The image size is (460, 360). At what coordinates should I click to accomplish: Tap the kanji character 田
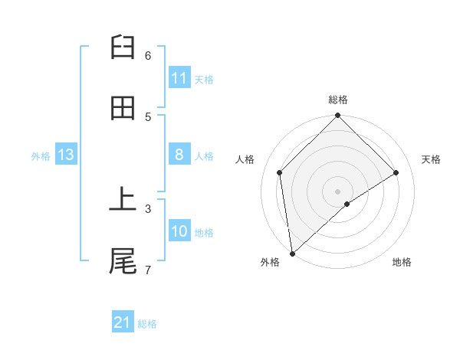[x=123, y=109]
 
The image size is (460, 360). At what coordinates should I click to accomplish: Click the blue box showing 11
[x=179, y=78]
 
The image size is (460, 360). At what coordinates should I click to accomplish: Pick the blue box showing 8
[x=179, y=155]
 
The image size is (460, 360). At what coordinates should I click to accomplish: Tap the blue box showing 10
[x=179, y=231]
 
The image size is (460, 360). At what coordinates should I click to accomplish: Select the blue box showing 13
[x=65, y=155]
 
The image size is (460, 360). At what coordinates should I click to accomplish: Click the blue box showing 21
[x=123, y=322]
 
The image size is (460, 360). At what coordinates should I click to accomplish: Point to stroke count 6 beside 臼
[x=148, y=55]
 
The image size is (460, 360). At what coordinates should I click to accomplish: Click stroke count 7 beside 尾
[x=148, y=269]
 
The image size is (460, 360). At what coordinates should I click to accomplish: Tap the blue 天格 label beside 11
[x=204, y=79]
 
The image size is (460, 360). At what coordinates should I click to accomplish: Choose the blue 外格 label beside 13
[x=41, y=155]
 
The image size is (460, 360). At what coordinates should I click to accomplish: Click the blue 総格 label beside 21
[x=147, y=323]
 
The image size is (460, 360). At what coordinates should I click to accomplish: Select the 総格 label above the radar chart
[x=338, y=100]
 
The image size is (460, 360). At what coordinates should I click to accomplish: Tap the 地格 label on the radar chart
[x=402, y=262]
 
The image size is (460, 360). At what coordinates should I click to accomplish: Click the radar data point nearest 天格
[x=396, y=172]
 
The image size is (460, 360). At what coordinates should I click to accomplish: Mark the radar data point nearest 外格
[x=292, y=254]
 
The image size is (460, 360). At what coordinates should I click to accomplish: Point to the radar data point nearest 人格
[x=280, y=172]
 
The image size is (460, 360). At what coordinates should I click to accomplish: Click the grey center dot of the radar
[x=338, y=191]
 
